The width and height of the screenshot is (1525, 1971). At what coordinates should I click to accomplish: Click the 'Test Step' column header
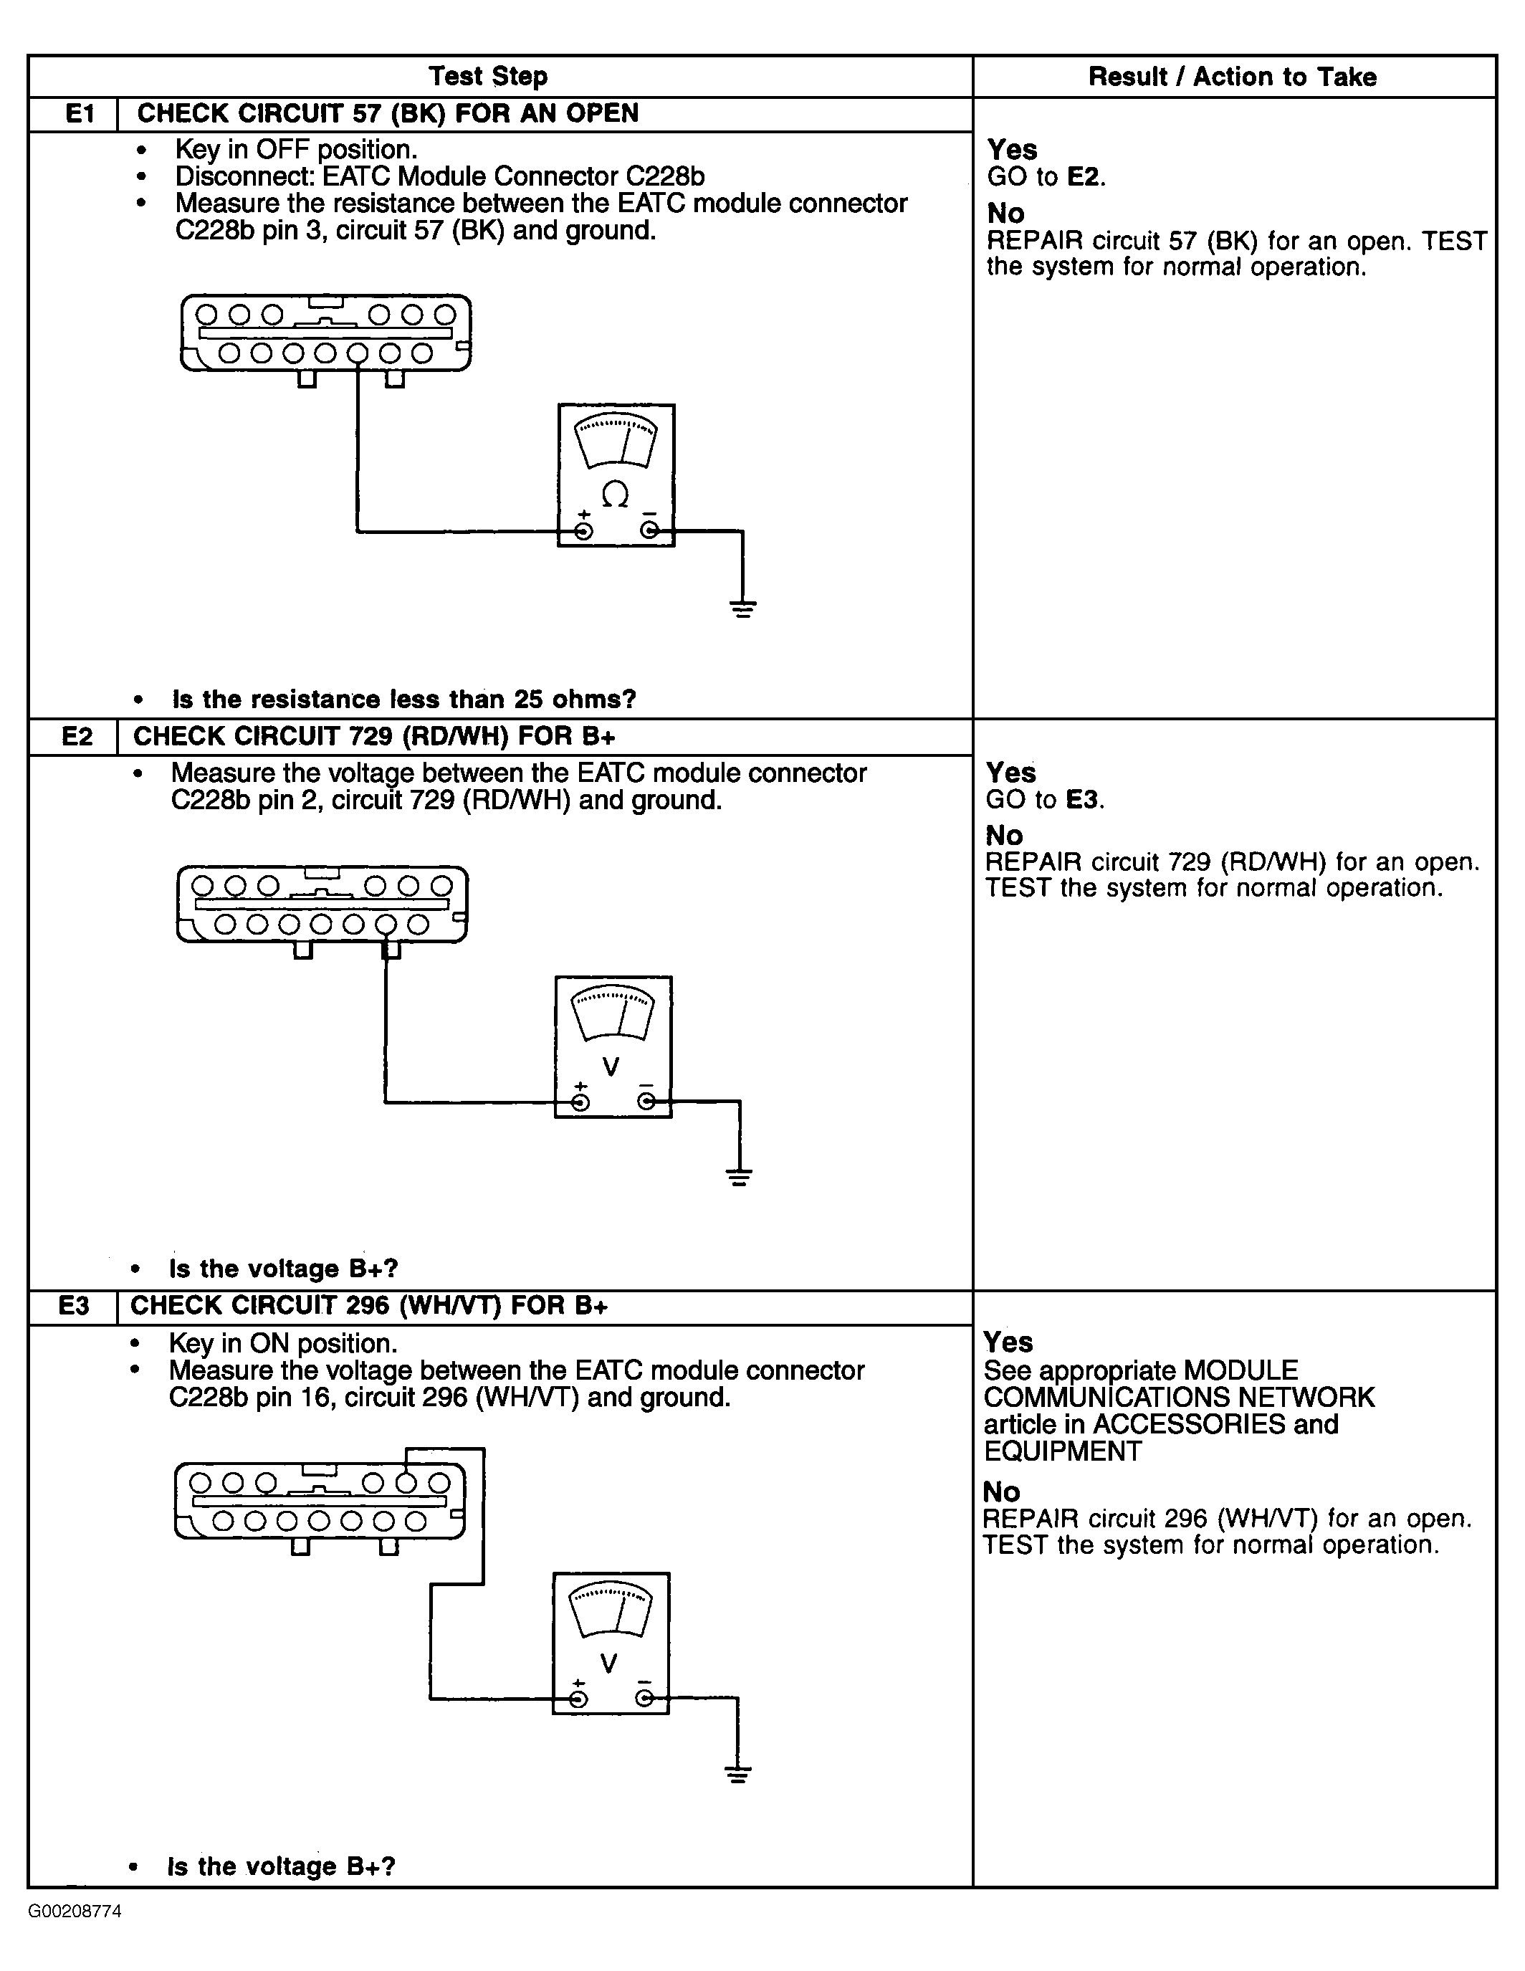tap(487, 77)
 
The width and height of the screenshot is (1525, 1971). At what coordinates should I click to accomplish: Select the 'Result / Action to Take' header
tap(1232, 77)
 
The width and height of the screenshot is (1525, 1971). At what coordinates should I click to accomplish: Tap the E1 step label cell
tap(80, 114)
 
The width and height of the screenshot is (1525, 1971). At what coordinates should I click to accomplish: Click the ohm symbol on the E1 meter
tap(616, 494)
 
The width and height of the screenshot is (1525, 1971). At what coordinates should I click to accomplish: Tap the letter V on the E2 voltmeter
tap(611, 1066)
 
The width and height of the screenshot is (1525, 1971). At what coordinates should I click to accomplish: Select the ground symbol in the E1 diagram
tap(742, 607)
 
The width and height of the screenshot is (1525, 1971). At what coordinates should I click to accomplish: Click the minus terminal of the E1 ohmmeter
tap(649, 530)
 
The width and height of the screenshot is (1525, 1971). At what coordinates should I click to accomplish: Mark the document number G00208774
tap(76, 1912)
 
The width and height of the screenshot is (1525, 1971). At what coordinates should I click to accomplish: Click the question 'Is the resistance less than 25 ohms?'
tap(403, 700)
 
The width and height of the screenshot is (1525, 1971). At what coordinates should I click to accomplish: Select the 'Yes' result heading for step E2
tap(1010, 773)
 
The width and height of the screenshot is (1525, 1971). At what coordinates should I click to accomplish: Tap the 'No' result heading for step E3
tap(1000, 1492)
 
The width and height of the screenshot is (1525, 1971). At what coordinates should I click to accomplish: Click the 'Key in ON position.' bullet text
tap(282, 1344)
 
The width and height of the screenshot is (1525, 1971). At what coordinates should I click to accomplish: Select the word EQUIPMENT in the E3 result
tap(1062, 1451)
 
